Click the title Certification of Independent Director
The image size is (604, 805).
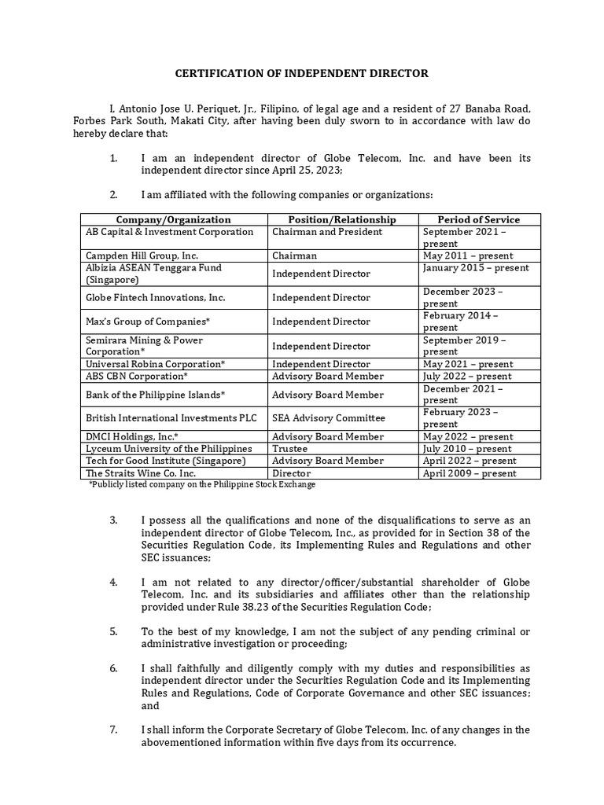tap(301, 73)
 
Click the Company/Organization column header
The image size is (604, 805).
tap(174, 219)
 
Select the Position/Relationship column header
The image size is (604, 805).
tap(342, 219)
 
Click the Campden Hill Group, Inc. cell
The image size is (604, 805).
tap(142, 255)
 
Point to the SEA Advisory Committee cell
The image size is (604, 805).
tap(317, 418)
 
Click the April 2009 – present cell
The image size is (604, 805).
tap(470, 473)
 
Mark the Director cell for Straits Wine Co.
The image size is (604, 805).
tap(292, 473)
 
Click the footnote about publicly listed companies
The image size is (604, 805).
tap(202, 485)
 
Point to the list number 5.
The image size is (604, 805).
tap(113, 631)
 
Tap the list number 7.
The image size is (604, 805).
tap(113, 730)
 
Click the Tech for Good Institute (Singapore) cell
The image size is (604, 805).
tap(166, 461)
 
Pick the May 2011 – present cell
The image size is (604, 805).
tap(468, 255)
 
